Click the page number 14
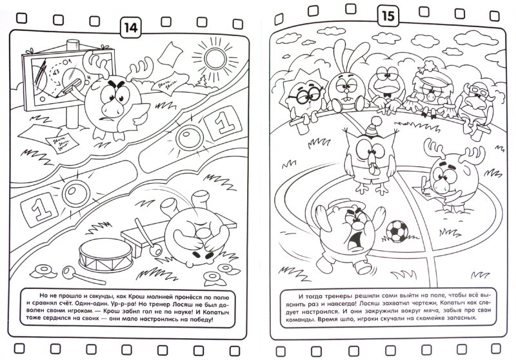[131, 28]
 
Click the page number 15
[388, 15]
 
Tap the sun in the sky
[215, 58]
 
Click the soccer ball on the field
[397, 231]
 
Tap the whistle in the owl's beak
[372, 166]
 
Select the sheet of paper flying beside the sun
[170, 53]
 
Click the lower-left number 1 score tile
[39, 210]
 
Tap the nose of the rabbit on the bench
[345, 88]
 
